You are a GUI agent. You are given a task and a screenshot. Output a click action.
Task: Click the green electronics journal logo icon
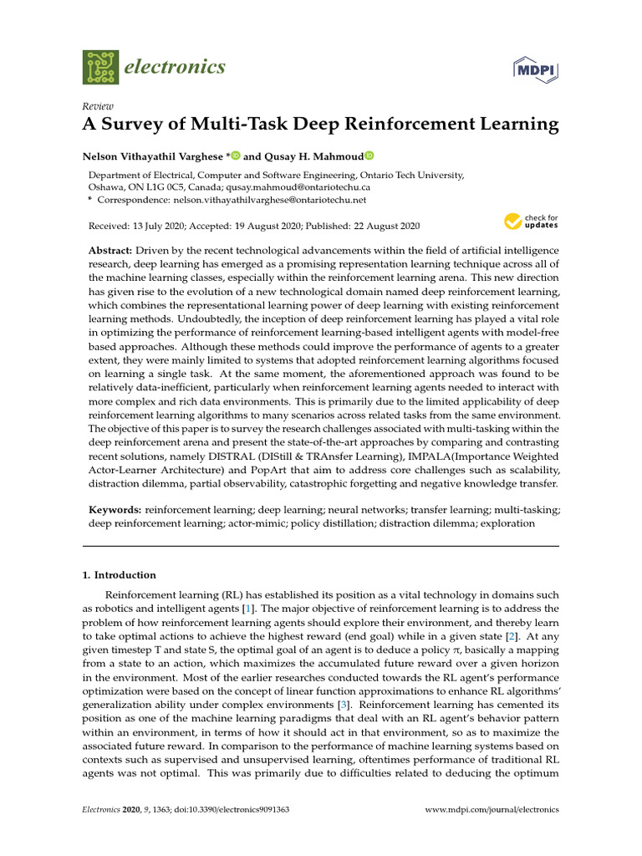100,67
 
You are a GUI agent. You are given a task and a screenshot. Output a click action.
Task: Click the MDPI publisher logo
536,69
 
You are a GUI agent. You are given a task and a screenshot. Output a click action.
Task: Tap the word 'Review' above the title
98,106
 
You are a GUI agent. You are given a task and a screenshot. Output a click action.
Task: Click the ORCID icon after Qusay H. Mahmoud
369,155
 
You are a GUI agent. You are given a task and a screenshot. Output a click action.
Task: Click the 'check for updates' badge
531,222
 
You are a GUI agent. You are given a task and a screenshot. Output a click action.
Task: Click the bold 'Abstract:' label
110,251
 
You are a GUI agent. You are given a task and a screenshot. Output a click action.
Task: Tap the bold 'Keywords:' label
115,509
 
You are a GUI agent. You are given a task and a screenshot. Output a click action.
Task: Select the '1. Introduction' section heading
119,575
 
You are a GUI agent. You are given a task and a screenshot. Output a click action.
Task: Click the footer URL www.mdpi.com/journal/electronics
492,810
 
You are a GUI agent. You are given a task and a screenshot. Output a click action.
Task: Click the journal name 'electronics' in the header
174,67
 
